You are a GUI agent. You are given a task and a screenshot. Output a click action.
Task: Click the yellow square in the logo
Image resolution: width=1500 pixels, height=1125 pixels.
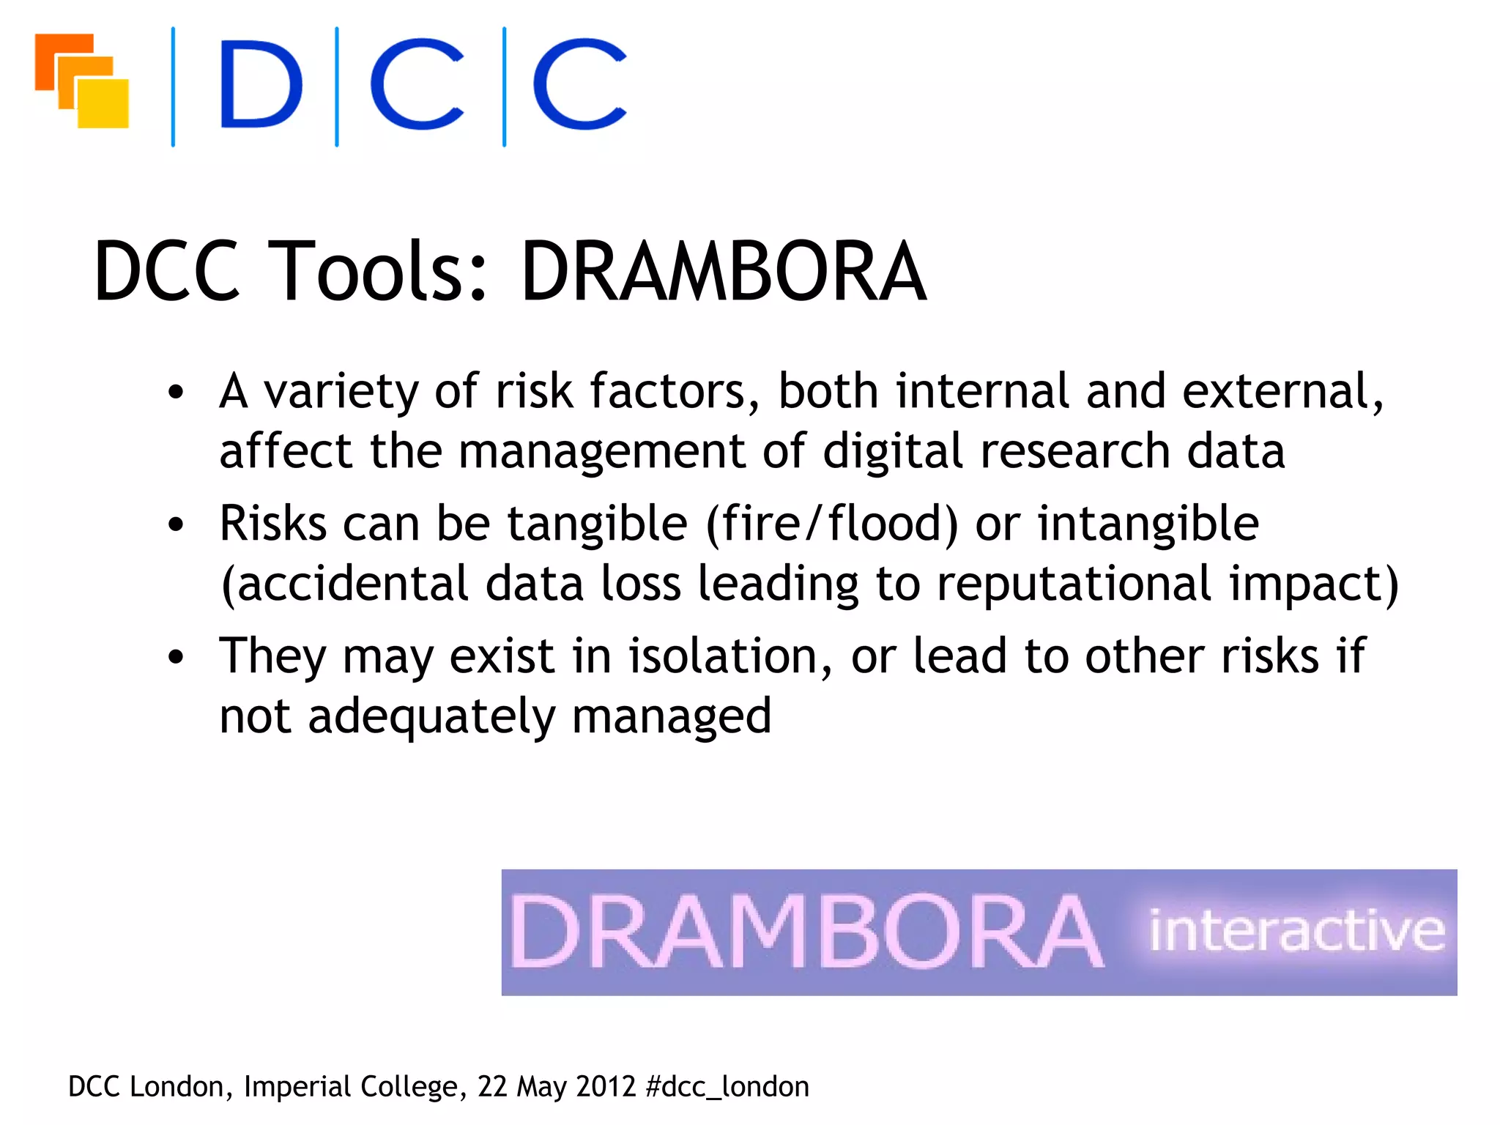[x=104, y=104]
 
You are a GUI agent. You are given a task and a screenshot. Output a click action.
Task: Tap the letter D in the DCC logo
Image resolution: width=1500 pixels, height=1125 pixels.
[x=261, y=85]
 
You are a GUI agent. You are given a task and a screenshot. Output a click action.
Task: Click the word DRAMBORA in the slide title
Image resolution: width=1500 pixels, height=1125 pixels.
[x=723, y=272]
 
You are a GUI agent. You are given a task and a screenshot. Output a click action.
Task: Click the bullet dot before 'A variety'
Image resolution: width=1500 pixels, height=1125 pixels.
[x=176, y=392]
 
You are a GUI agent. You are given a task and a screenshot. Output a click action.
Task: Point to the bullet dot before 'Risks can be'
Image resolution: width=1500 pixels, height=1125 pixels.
[x=176, y=524]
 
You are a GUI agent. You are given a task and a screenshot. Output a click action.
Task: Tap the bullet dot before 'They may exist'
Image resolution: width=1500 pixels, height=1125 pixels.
[x=176, y=657]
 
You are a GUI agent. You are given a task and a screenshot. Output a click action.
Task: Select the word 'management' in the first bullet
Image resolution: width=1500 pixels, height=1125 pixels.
[x=601, y=451]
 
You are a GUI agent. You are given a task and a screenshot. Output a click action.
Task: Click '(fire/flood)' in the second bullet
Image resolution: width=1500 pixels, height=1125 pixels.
[x=831, y=524]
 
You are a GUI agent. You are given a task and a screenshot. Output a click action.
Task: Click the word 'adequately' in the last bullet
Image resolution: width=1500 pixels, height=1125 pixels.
[x=431, y=716]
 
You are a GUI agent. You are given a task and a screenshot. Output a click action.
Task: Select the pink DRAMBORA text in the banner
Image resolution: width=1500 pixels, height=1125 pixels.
[x=806, y=932]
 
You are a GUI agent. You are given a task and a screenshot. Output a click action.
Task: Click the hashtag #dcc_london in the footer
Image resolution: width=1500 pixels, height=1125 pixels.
[x=727, y=1087]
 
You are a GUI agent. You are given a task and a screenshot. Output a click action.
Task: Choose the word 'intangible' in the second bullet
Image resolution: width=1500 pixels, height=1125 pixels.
[x=1148, y=524]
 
